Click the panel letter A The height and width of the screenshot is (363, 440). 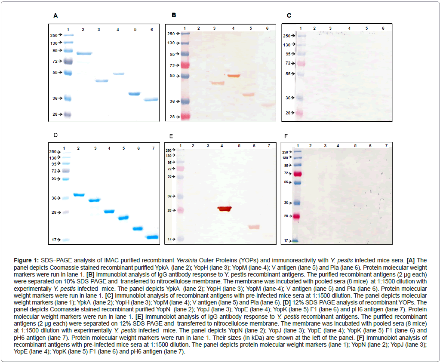[55, 16]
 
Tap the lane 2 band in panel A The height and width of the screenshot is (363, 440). [84, 53]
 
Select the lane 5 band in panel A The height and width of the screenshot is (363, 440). [135, 94]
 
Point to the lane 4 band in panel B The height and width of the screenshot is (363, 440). [233, 76]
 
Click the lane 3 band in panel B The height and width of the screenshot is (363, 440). [217, 83]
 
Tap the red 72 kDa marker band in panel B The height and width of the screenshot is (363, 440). [185, 65]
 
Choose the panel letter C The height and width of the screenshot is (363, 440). [289, 16]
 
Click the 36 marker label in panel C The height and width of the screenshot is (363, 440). [286, 98]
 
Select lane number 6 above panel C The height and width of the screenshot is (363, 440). [383, 28]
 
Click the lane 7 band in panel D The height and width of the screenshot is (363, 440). [152, 237]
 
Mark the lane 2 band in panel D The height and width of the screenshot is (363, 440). [79, 195]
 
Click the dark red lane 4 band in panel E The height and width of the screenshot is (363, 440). [224, 209]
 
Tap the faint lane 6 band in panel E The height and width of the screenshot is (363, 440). [254, 227]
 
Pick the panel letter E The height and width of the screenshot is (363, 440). [171, 136]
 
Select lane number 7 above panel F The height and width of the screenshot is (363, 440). [386, 146]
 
